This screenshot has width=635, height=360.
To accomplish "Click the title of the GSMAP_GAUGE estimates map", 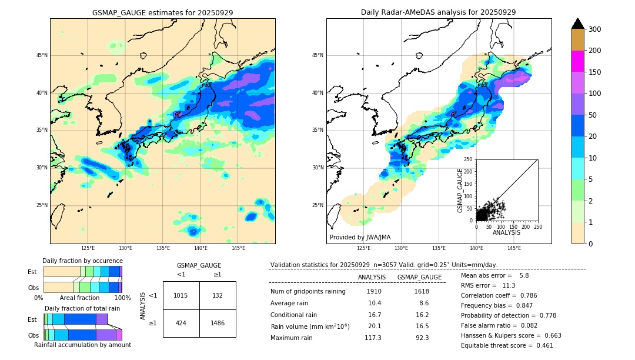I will click(162, 12).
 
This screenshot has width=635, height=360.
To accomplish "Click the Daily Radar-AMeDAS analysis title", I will click(438, 12).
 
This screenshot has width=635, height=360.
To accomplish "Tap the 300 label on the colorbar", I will click(595, 29).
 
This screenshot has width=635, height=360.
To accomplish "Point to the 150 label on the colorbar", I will click(595, 72).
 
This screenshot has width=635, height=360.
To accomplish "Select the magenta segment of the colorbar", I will click(577, 61).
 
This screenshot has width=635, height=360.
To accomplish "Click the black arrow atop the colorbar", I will click(577, 24).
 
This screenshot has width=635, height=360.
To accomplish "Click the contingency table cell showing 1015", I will click(181, 295).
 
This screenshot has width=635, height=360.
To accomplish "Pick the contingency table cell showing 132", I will click(218, 295).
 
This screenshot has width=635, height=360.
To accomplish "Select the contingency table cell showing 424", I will click(181, 323).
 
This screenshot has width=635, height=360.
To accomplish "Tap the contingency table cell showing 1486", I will click(218, 323).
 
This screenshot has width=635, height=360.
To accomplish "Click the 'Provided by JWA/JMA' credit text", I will click(360, 238).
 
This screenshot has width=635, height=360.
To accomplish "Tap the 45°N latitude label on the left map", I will click(41, 55).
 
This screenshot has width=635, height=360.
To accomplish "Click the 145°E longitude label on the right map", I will click(514, 249).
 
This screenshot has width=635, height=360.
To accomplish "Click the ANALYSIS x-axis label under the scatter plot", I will click(506, 232).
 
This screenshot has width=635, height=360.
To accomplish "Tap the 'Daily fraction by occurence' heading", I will click(82, 261).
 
